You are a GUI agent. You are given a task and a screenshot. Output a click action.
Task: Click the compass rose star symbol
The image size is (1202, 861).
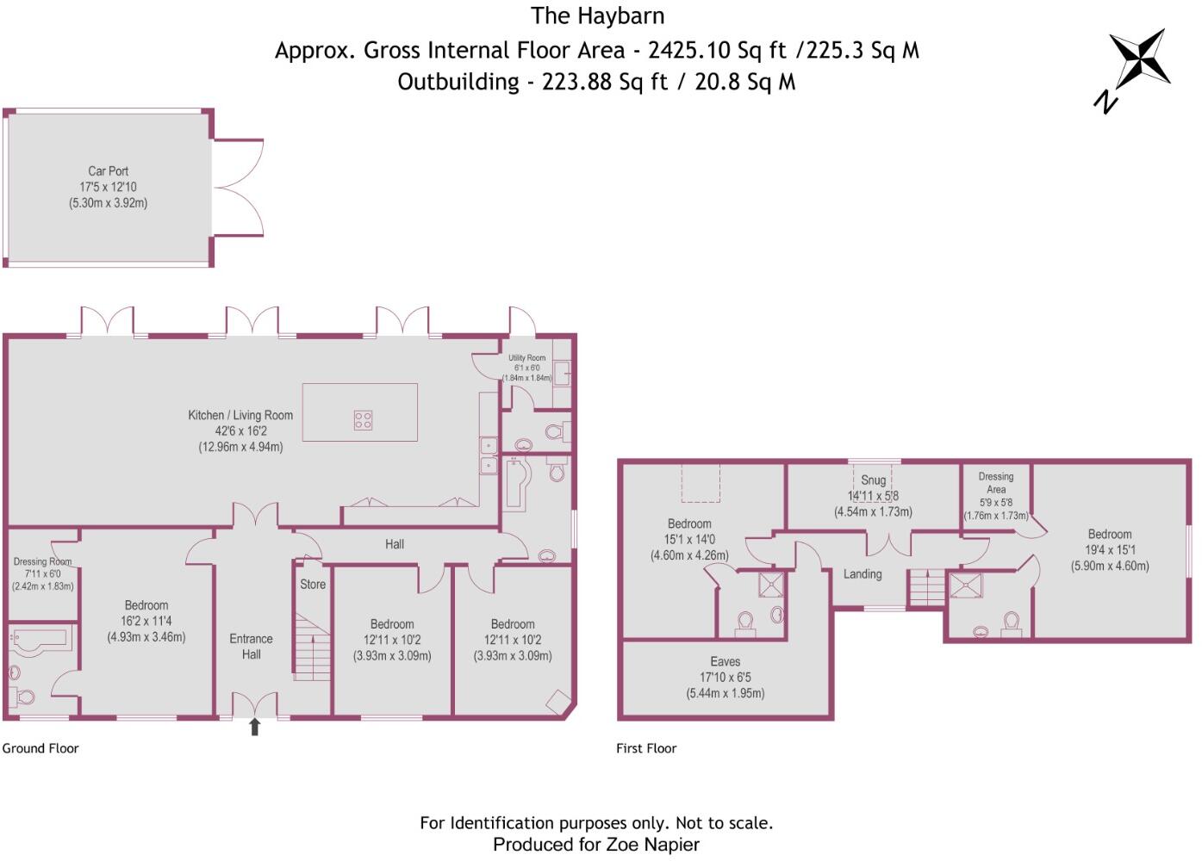coord(1139,58)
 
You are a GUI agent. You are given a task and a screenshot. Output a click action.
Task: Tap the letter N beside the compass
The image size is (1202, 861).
coord(1105,102)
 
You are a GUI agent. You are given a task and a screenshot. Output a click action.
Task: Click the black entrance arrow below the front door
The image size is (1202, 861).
coord(254,728)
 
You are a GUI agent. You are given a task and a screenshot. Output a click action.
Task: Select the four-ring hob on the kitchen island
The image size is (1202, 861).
coord(363,420)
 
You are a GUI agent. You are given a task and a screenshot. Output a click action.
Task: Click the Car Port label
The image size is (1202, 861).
coord(108,171)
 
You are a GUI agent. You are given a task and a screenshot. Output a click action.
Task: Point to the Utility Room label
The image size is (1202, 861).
coord(526,358)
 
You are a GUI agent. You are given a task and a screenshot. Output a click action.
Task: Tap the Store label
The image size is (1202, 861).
coord(313,584)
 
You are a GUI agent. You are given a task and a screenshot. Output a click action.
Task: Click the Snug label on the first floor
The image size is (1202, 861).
coord(873,480)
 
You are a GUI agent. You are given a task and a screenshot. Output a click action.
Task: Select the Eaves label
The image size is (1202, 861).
coord(726,661)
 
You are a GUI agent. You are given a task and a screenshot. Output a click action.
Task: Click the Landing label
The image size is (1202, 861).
coord(863,574)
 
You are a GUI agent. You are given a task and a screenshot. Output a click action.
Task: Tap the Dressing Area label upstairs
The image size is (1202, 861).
coord(996,482)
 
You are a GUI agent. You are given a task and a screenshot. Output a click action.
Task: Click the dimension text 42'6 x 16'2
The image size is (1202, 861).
coord(240,431)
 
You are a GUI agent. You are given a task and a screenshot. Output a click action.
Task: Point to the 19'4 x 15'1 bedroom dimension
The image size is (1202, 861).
coord(1110,550)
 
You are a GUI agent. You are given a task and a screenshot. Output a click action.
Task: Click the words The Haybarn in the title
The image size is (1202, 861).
coord(597,15)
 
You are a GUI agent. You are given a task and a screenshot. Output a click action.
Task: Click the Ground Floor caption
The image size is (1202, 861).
coord(40,748)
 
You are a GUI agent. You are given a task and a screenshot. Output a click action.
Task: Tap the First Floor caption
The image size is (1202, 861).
coord(646,748)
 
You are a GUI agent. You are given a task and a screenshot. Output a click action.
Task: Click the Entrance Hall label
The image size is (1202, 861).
coord(251,647)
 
